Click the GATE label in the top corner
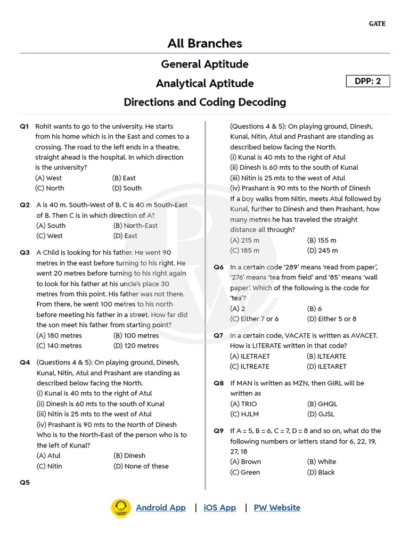[x=377, y=23]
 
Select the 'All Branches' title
[x=204, y=44]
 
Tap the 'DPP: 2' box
[x=368, y=81]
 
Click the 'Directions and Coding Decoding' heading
[x=204, y=102]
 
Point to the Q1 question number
[x=24, y=127]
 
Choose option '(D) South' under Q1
[x=127, y=188]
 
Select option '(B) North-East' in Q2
[x=135, y=226]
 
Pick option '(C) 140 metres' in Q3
[x=59, y=346]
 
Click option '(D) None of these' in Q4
[x=141, y=466]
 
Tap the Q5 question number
[x=25, y=483]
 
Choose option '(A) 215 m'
[x=244, y=241]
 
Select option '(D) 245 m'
[x=322, y=251]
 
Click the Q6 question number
[x=219, y=267]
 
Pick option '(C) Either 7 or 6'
[x=254, y=319]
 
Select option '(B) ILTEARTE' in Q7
[x=326, y=357]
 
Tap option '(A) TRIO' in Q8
[x=243, y=404]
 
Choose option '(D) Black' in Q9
[x=321, y=473]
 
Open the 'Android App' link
[x=161, y=508]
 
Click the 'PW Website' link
[x=277, y=508]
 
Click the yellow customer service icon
[x=121, y=508]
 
